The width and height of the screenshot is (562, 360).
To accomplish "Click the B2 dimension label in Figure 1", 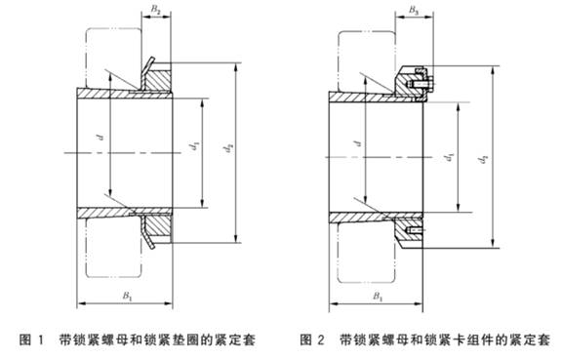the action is click(156, 10).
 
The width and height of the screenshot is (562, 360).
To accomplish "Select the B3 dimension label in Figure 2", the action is click(414, 11).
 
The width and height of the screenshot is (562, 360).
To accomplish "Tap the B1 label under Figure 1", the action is click(128, 296).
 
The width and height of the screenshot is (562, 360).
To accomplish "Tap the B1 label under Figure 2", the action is click(379, 297).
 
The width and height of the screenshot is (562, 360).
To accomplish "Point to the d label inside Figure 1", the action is click(101, 137).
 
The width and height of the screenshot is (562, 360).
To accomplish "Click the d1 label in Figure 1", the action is click(196, 146).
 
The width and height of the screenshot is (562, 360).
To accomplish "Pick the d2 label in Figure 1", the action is click(228, 148).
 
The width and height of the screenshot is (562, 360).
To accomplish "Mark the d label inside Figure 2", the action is click(357, 143).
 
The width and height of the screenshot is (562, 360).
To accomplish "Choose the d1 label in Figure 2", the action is click(451, 157).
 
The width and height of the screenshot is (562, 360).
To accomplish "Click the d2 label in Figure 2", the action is click(485, 159).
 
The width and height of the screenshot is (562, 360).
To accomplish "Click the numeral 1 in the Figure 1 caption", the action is click(41, 340).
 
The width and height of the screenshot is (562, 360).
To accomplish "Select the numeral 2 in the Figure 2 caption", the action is click(321, 340).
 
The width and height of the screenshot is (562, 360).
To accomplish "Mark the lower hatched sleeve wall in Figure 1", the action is click(125, 213).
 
